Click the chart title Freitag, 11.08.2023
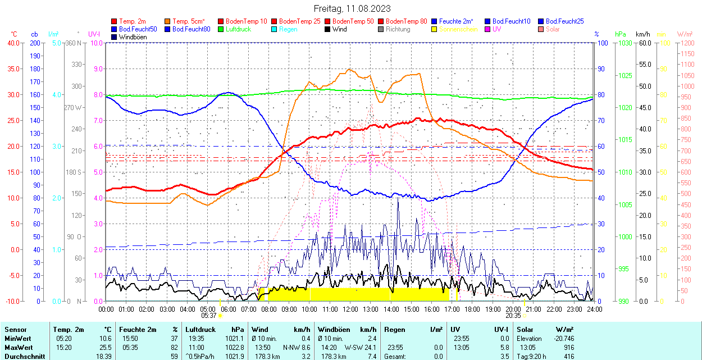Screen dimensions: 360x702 (x=352, y=8)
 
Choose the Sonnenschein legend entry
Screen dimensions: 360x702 (x=458, y=29)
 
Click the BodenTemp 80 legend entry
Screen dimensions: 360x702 (x=406, y=21)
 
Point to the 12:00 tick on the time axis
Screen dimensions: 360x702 (x=350, y=309)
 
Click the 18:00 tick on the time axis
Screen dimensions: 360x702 (x=472, y=309)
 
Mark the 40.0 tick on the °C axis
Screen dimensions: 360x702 (x=12, y=43)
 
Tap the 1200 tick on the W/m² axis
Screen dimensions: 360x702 (x=687, y=43)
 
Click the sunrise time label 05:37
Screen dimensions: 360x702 (x=209, y=316)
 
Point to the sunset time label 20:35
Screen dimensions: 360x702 (x=513, y=316)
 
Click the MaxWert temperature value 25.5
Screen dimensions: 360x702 (x=104, y=347)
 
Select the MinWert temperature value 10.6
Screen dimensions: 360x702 (x=104, y=339)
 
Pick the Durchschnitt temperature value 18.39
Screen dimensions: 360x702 (x=103, y=356)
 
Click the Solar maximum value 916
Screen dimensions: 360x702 (x=568, y=347)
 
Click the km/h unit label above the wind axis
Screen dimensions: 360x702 (x=643, y=34)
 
